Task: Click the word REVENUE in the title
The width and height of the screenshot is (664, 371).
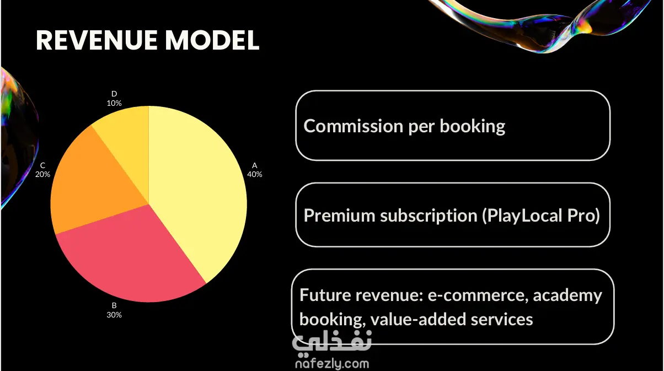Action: (97, 40)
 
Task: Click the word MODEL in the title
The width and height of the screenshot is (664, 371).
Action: (212, 40)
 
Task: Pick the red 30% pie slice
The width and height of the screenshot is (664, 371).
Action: (130, 258)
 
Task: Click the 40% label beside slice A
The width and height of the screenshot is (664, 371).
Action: (255, 175)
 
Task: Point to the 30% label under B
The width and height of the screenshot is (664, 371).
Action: (114, 315)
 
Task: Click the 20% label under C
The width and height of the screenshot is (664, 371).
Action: (42, 175)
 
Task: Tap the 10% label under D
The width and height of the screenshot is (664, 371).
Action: (114, 104)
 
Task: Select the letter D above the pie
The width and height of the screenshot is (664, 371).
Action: (114, 94)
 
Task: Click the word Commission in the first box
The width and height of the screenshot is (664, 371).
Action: (354, 126)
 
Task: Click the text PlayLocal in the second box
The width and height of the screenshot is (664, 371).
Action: (524, 216)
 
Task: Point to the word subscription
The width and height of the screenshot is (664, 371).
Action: (429, 216)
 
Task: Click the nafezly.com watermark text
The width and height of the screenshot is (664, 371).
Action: (333, 363)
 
